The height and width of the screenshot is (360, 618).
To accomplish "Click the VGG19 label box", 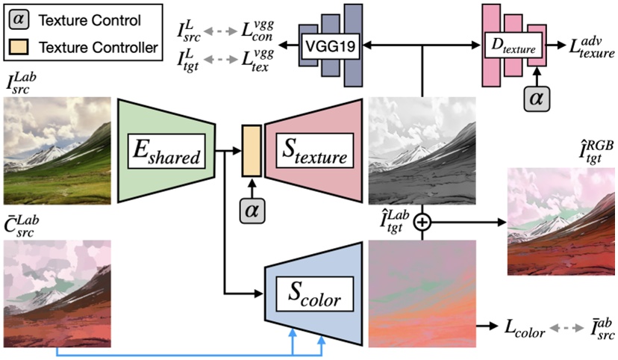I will (329, 46).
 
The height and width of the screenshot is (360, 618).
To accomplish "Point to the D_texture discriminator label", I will (514, 46).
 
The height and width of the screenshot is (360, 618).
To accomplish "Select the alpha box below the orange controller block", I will (251, 211).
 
